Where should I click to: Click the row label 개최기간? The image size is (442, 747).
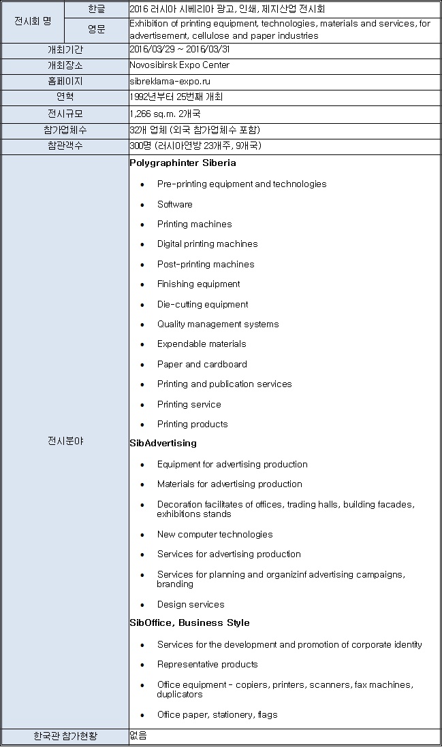(65, 50)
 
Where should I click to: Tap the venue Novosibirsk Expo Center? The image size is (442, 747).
(179, 65)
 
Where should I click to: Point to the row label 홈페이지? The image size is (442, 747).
(65, 81)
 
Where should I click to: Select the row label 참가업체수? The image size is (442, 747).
(65, 130)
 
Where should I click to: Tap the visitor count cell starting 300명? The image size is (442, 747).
(195, 146)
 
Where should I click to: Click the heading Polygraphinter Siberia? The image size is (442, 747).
(183, 163)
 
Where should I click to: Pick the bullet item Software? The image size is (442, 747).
(174, 204)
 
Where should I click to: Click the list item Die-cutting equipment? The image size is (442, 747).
(202, 304)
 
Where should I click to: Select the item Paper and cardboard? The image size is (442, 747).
(202, 364)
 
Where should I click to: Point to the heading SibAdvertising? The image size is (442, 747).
(163, 444)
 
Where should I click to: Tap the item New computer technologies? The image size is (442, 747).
(215, 534)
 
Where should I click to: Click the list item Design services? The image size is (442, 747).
(190, 604)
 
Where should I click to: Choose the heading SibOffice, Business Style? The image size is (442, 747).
(189, 623)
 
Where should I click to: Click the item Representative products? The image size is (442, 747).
(207, 664)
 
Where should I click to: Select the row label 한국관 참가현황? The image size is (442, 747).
(65, 736)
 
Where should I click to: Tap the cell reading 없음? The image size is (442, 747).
(138, 735)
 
